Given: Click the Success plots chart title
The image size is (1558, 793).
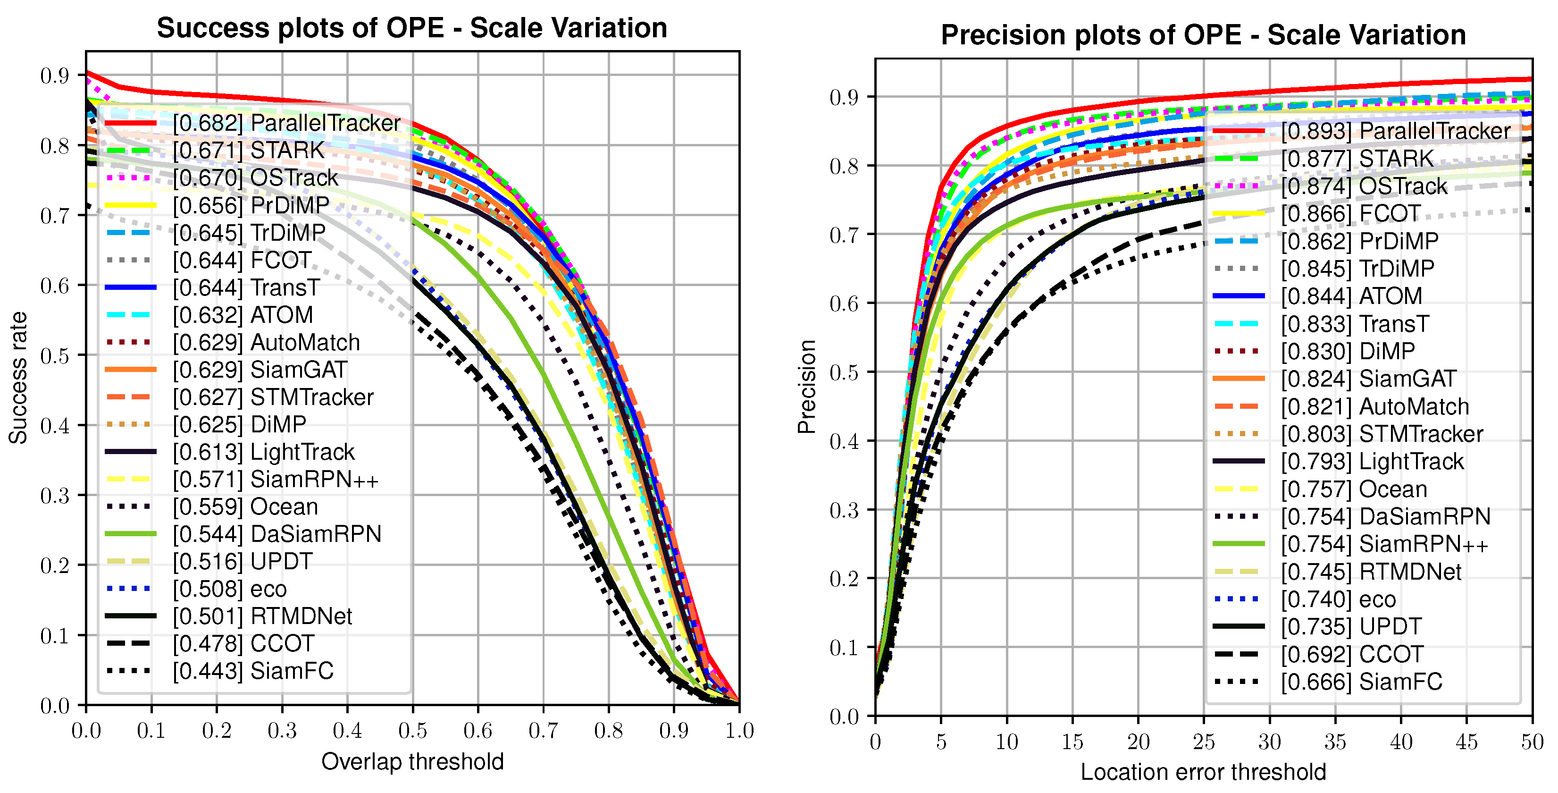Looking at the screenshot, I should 412,28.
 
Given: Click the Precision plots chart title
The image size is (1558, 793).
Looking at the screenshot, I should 1203,35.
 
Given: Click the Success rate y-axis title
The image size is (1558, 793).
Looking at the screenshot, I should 18,378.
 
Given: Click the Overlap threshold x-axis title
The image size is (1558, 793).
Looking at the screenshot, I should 412,761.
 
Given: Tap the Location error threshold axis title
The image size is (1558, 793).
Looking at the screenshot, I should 1203,772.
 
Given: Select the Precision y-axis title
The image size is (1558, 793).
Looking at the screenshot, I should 807,387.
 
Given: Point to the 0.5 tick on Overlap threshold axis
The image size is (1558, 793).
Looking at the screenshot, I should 412,731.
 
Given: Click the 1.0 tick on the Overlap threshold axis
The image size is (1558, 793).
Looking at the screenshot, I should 739,731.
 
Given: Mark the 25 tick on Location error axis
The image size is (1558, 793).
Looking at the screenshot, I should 1204,742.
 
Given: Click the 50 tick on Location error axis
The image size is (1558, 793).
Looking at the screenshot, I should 1532,742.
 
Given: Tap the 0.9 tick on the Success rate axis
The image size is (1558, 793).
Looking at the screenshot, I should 54,76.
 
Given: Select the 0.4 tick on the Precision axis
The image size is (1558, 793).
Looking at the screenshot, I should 844,441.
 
